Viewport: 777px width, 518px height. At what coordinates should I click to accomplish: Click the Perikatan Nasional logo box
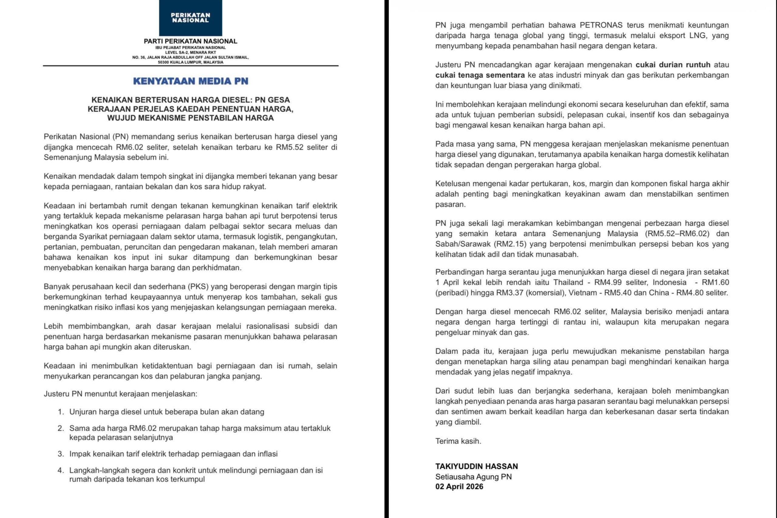click(x=191, y=18)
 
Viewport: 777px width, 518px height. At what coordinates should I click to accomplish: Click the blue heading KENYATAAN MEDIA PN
click(x=191, y=81)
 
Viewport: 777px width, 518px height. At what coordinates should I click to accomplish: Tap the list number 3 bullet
click(x=60, y=454)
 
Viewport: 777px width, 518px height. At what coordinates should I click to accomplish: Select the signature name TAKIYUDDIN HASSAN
click(x=477, y=466)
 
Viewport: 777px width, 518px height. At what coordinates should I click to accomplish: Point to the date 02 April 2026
click(x=459, y=487)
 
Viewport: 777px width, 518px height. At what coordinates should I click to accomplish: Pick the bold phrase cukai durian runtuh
click(x=673, y=65)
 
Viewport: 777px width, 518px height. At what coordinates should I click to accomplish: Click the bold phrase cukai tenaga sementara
click(x=480, y=75)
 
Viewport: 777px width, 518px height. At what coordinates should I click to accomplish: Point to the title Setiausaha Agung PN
click(x=473, y=477)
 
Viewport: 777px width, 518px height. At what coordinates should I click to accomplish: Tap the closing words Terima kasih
click(x=458, y=441)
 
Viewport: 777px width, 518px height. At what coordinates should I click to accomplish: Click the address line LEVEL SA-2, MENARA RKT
click(x=191, y=52)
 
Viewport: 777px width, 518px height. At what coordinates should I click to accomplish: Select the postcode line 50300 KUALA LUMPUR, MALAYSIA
click(x=191, y=62)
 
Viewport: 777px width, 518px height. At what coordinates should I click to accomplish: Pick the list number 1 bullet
click(x=60, y=412)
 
